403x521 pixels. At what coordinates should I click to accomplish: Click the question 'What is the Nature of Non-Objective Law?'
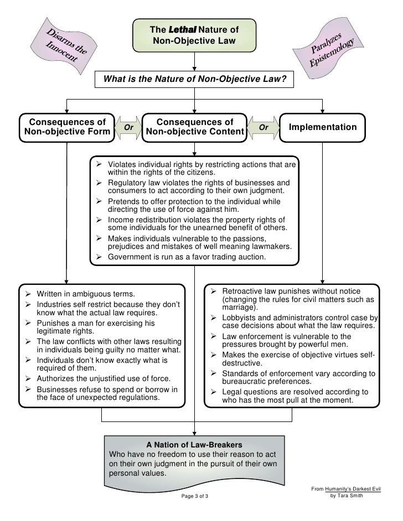(194, 80)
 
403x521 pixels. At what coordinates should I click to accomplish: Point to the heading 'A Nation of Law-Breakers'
(194, 444)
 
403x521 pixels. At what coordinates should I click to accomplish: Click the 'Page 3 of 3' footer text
(195, 496)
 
